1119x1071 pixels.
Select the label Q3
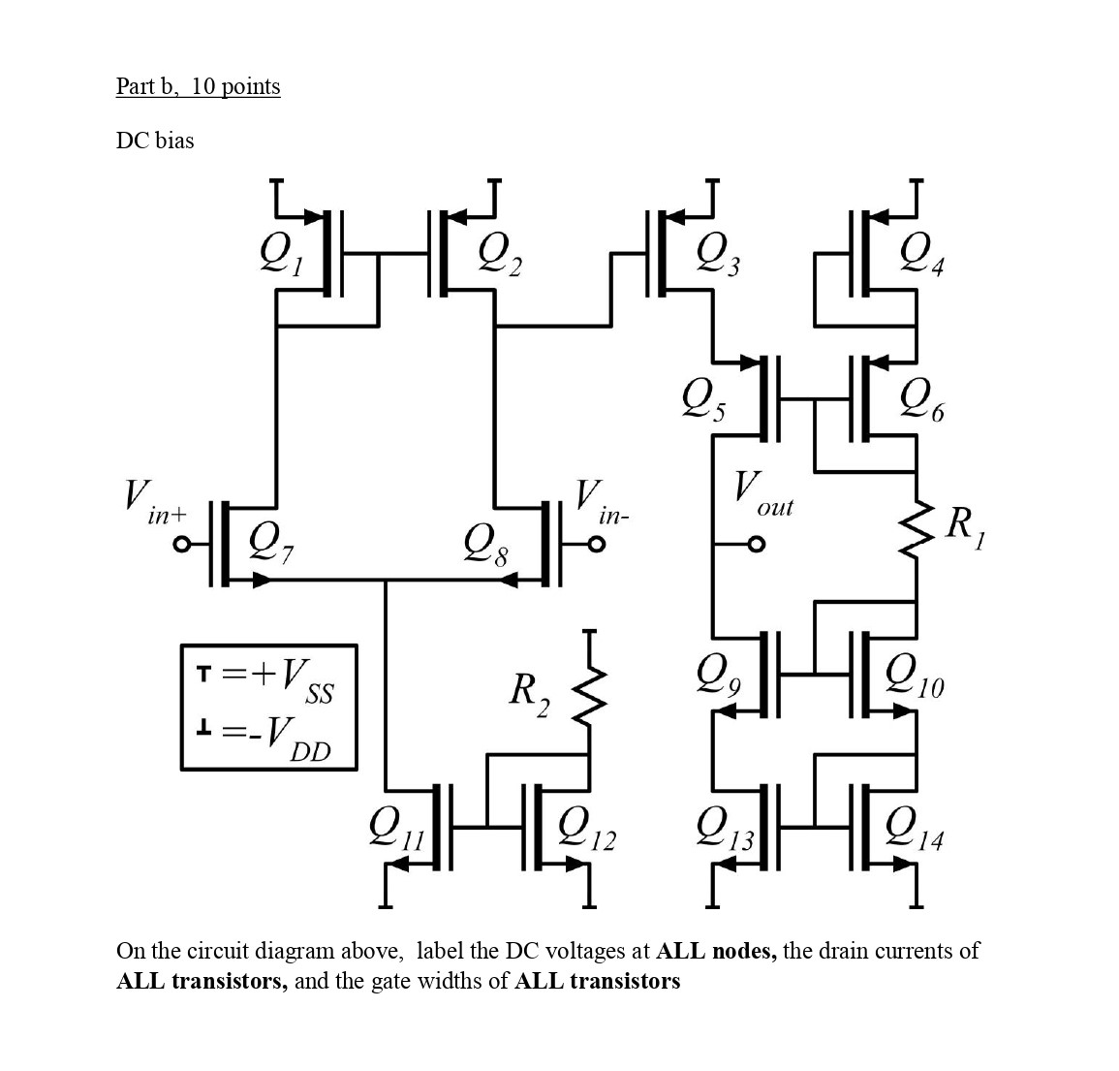718,256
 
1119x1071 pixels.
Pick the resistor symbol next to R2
588,694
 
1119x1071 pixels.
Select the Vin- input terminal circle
597,545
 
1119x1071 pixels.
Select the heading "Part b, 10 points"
198,86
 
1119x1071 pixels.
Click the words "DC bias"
155,141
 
